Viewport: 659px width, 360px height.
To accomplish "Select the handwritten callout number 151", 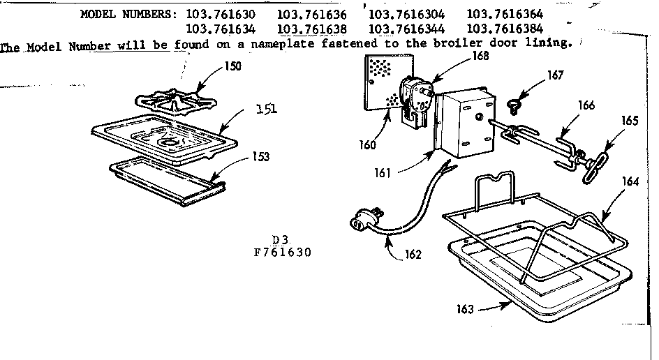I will click(266, 109).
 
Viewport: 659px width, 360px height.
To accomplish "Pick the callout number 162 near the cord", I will click(413, 255).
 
